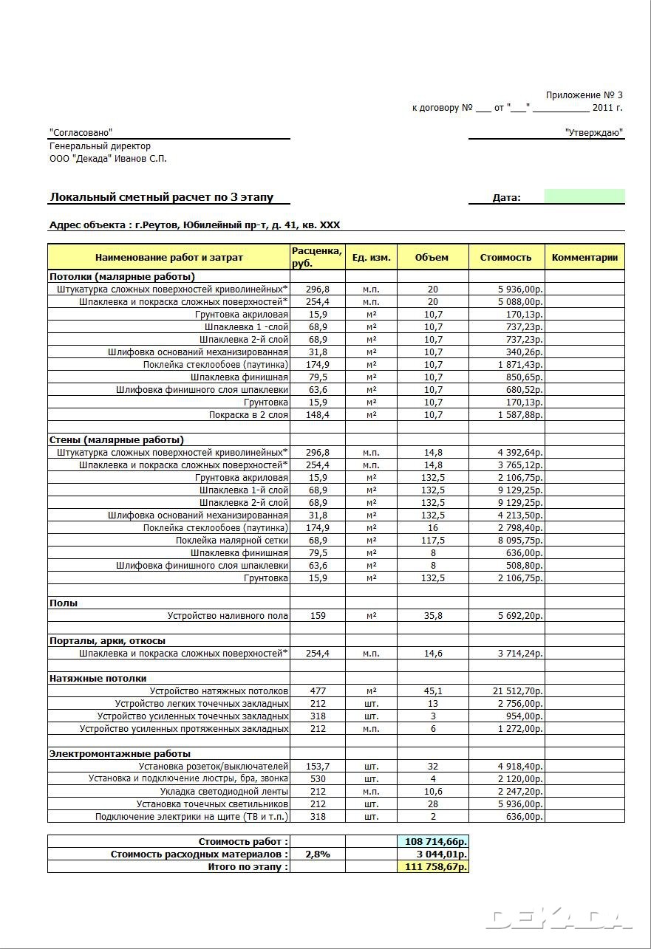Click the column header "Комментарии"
584,257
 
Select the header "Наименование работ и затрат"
168,257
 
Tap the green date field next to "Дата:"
584,196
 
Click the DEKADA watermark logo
560,918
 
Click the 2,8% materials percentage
318,854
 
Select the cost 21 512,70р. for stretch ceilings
518,691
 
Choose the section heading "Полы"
64,603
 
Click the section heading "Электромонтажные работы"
120,753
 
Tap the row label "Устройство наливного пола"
228,615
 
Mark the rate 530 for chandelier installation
318,778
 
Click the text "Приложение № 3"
584,95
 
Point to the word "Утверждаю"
593,133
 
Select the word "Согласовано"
81,132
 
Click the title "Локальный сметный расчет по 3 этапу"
161,197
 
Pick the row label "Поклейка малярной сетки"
231,540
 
